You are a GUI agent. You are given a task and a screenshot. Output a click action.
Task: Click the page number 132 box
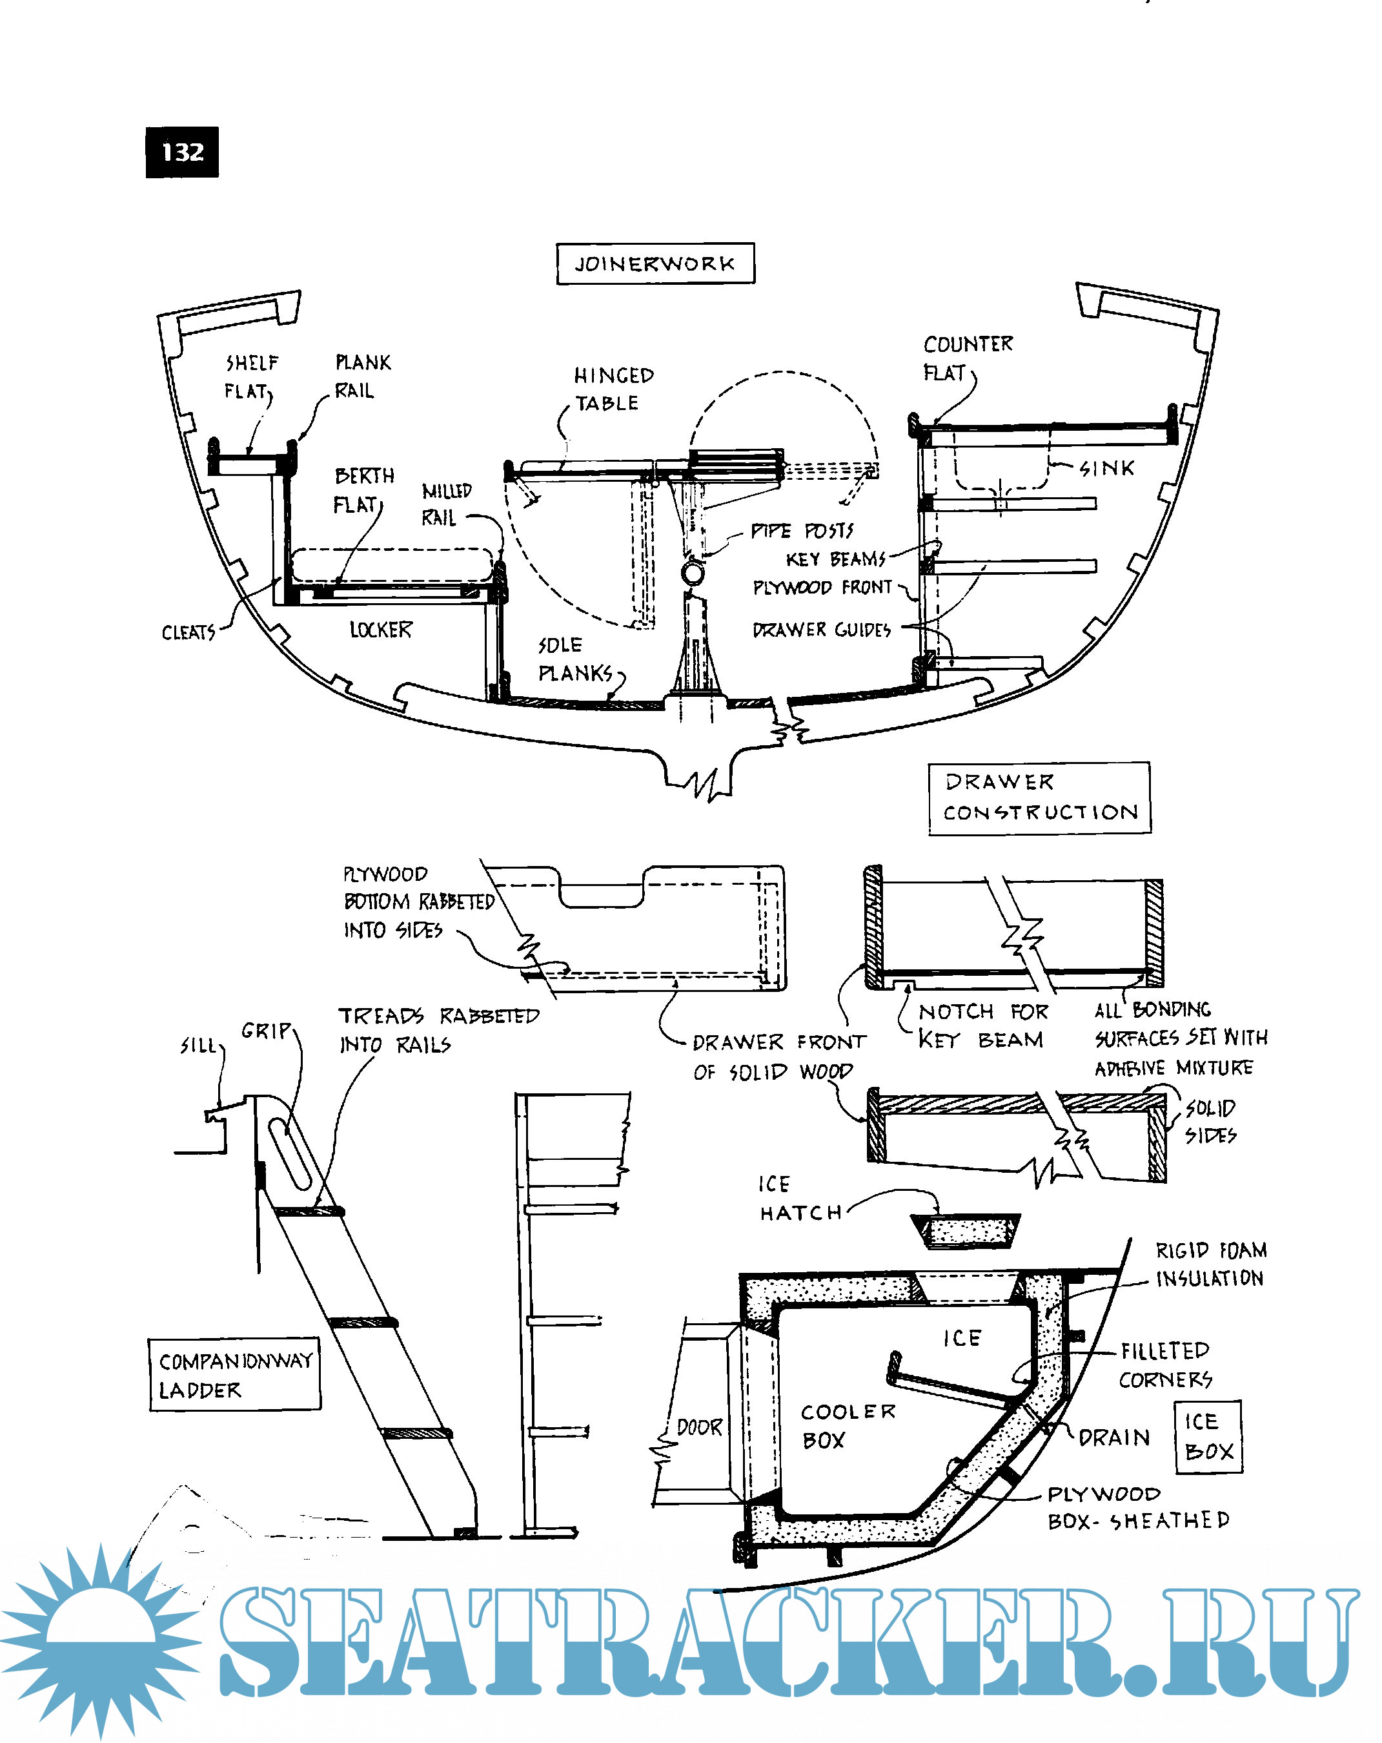click(x=182, y=152)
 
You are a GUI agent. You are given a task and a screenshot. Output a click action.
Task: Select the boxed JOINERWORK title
click(x=655, y=263)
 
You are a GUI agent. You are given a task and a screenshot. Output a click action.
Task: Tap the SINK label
click(x=1107, y=468)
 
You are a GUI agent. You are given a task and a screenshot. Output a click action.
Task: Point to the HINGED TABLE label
click(x=613, y=389)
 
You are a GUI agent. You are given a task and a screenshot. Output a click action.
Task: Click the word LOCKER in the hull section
click(x=381, y=629)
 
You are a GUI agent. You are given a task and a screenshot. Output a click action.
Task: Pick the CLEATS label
click(x=188, y=632)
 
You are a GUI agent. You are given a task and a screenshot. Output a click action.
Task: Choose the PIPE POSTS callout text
click(x=802, y=530)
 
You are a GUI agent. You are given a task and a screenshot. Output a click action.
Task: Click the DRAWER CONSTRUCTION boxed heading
click(x=1039, y=797)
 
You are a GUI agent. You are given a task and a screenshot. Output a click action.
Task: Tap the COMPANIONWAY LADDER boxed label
click(x=235, y=1375)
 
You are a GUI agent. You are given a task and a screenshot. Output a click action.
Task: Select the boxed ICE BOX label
click(x=1208, y=1437)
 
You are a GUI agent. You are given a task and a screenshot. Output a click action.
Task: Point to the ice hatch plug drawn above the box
click(x=965, y=1230)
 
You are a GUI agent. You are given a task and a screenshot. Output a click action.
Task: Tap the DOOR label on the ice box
click(x=699, y=1427)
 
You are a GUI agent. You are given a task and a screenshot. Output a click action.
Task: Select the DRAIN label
click(x=1113, y=1438)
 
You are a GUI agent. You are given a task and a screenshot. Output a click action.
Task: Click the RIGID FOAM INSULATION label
click(x=1210, y=1264)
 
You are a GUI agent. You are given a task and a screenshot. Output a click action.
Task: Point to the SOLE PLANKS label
click(x=574, y=659)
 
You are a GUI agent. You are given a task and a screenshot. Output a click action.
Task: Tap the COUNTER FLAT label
click(x=966, y=358)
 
